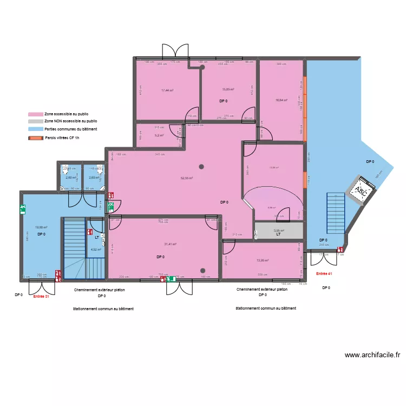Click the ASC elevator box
pos(359,191)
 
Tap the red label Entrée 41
pos(324,274)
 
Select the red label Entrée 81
pos(41,296)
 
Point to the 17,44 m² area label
pos(167,90)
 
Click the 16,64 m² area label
pos(281,100)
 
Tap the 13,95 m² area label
pos(263,260)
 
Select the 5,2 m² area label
pos(159,135)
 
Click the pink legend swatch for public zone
pos(36,115)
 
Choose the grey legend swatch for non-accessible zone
pos(36,122)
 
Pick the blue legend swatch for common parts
pos(36,129)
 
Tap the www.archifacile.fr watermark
pos(372,355)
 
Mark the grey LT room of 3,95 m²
pos(278,231)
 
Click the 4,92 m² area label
pos(96,250)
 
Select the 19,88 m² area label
pos(41,228)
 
